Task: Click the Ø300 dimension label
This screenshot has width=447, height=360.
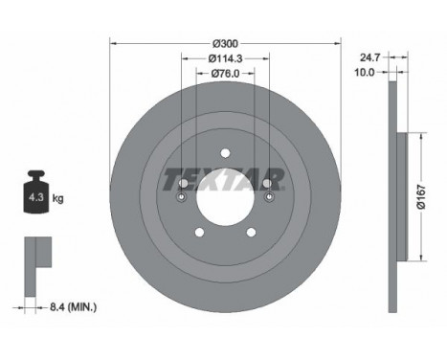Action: point(225,43)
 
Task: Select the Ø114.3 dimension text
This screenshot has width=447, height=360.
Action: point(225,58)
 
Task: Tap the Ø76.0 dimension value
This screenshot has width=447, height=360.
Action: point(225,74)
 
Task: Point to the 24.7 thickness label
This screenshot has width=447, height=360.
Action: point(370,57)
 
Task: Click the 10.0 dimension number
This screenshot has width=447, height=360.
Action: point(365,73)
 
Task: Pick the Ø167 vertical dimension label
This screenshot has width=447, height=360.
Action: point(421,196)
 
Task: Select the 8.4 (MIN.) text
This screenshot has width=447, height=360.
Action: point(73,307)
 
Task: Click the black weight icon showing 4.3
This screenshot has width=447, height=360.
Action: point(36,191)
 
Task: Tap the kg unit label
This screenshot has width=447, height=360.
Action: point(57,198)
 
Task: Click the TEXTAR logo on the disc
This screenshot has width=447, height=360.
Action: point(223,179)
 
